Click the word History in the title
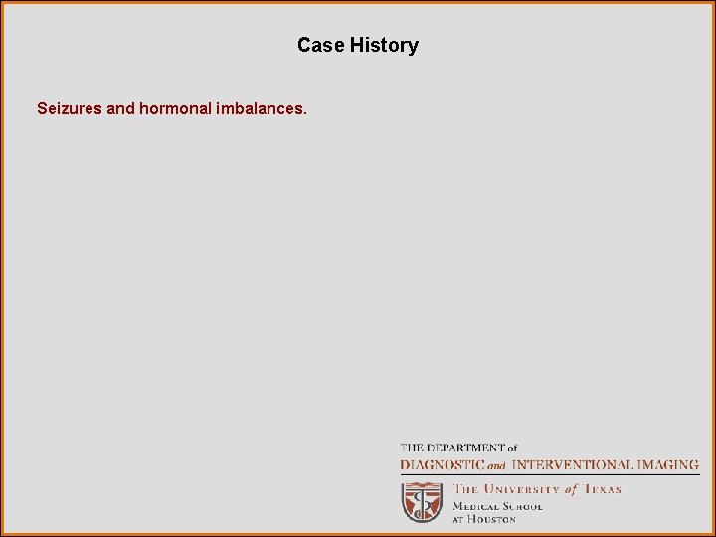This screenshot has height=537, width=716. coord(384,45)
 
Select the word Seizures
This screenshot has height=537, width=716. coord(69,107)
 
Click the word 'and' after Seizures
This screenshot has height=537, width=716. coord(120,107)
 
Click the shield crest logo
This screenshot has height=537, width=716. coord(422,502)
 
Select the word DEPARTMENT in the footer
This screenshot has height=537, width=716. coord(459,448)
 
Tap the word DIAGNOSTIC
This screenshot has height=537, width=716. coord(443,464)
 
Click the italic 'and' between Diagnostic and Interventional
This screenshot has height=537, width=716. coord(496,465)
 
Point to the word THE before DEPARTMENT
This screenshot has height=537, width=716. coord(412,448)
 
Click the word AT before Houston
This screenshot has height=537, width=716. coord(459,519)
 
